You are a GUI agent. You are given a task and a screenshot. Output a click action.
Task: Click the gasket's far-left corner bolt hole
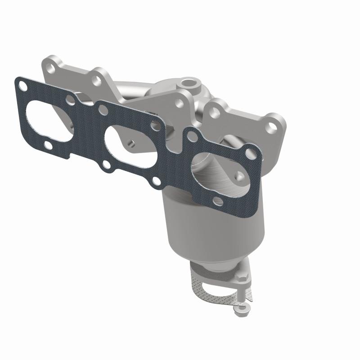21,84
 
